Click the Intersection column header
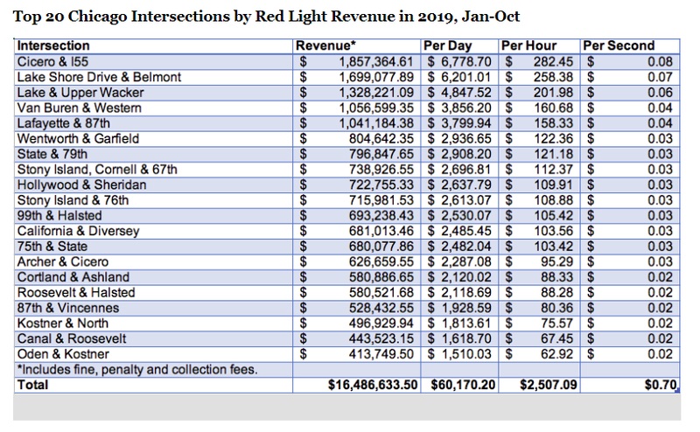click(53, 45)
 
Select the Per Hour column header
click(528, 45)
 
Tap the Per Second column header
click(619, 45)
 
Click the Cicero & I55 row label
click(52, 61)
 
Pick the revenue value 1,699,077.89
click(376, 77)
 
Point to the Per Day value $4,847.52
click(458, 93)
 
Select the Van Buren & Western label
click(79, 108)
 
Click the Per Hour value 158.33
click(553, 123)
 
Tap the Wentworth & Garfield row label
click(78, 139)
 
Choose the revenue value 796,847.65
click(381, 154)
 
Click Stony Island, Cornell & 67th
click(97, 170)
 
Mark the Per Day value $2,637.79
click(458, 185)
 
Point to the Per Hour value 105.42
click(553, 215)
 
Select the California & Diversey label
click(78, 231)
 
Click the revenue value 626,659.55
click(381, 262)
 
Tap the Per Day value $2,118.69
click(458, 293)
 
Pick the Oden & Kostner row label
click(63, 354)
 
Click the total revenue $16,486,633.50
click(373, 385)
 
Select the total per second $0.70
click(661, 385)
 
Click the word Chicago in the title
click(97, 17)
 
